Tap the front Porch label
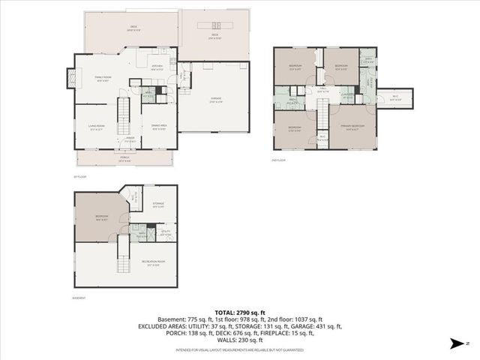pyautogui.click(x=124, y=158)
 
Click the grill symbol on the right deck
pyautogui.click(x=205, y=25)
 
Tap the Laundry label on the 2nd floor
pyautogui.click(x=346, y=96)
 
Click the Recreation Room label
pyautogui.click(x=151, y=262)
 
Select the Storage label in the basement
pyautogui.click(x=158, y=204)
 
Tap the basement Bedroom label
pyautogui.click(x=101, y=217)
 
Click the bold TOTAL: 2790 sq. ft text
pyautogui.click(x=239, y=311)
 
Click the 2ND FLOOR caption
pyautogui.click(x=278, y=160)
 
